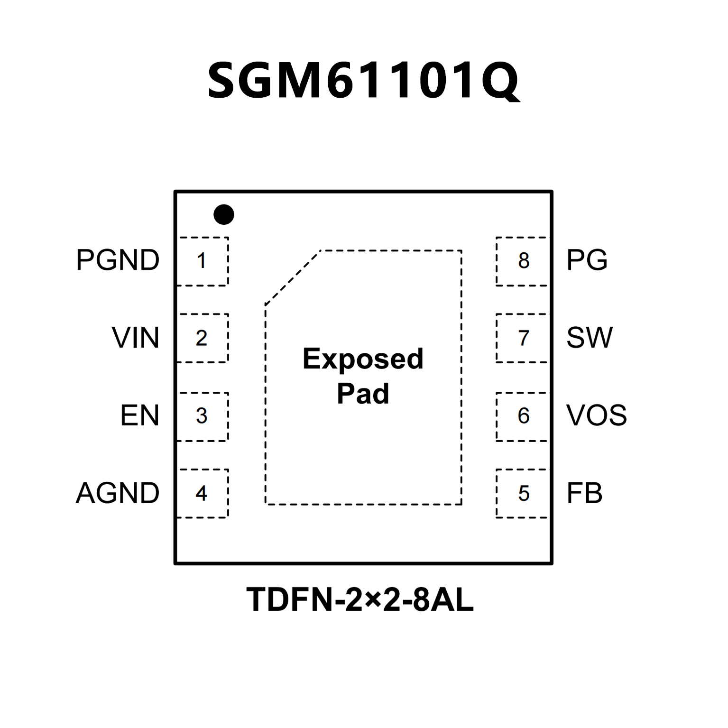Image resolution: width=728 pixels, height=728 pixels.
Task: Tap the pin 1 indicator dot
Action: tap(224, 214)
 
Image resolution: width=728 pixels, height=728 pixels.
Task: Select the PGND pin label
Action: tap(118, 260)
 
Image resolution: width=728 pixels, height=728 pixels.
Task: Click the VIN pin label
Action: tap(135, 338)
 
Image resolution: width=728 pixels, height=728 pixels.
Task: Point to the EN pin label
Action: tap(139, 415)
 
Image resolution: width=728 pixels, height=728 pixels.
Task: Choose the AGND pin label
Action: tap(118, 493)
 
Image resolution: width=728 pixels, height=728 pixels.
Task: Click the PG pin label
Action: tap(587, 260)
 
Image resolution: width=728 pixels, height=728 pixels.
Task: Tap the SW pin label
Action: tap(590, 338)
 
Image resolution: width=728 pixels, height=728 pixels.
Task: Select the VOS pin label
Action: tap(597, 415)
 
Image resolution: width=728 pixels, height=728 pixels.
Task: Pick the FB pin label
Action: tap(584, 493)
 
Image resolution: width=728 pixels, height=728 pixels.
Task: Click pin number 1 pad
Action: tap(203, 261)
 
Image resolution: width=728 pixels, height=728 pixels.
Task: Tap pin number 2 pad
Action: tap(203, 338)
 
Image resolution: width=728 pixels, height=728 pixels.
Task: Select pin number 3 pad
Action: tap(203, 416)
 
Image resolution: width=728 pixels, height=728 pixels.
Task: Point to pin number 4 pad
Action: tap(203, 493)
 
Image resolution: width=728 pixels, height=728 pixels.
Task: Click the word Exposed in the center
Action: tap(363, 359)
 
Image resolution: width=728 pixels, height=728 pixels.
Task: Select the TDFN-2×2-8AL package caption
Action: tap(360, 600)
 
